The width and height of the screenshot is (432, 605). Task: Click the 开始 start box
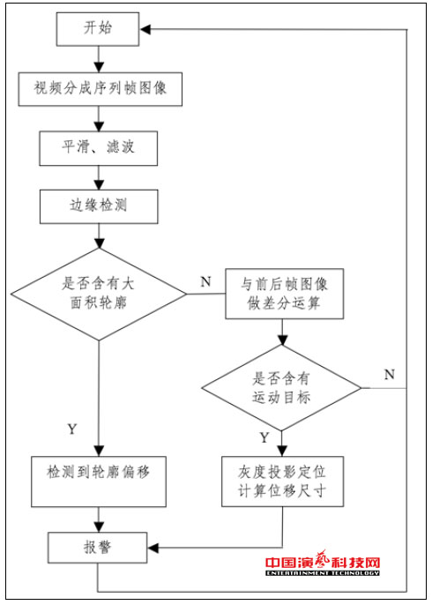pos(98,30)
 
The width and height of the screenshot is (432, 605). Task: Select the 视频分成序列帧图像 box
pos(98,88)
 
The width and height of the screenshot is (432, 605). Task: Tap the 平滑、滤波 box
pos(98,148)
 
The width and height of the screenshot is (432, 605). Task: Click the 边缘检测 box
pos(98,207)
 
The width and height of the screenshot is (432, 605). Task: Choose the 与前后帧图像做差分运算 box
pos(281,294)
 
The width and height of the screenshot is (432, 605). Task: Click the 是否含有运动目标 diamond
pos(281,387)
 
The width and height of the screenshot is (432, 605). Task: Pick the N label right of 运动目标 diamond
pos(389,374)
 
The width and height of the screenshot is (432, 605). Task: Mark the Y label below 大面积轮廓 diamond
pos(71,429)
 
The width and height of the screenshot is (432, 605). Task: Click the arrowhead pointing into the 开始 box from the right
pos(146,30)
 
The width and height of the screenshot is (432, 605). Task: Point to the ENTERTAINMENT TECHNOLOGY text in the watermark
pos(323,574)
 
